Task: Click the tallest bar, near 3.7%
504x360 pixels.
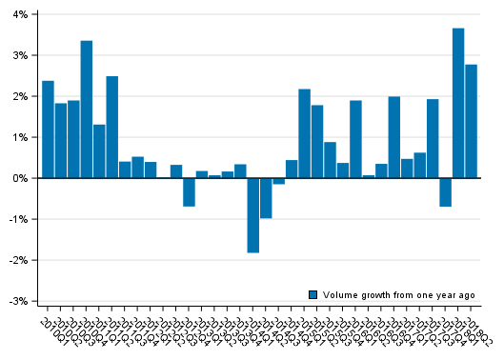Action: tap(458, 103)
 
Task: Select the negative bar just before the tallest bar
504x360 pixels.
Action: tap(445, 192)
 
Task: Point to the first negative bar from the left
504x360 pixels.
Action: tap(189, 192)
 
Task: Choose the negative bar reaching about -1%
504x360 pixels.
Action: tap(266, 198)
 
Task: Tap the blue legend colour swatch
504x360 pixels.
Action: tap(312, 295)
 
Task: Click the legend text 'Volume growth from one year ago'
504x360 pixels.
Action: tap(398, 295)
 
